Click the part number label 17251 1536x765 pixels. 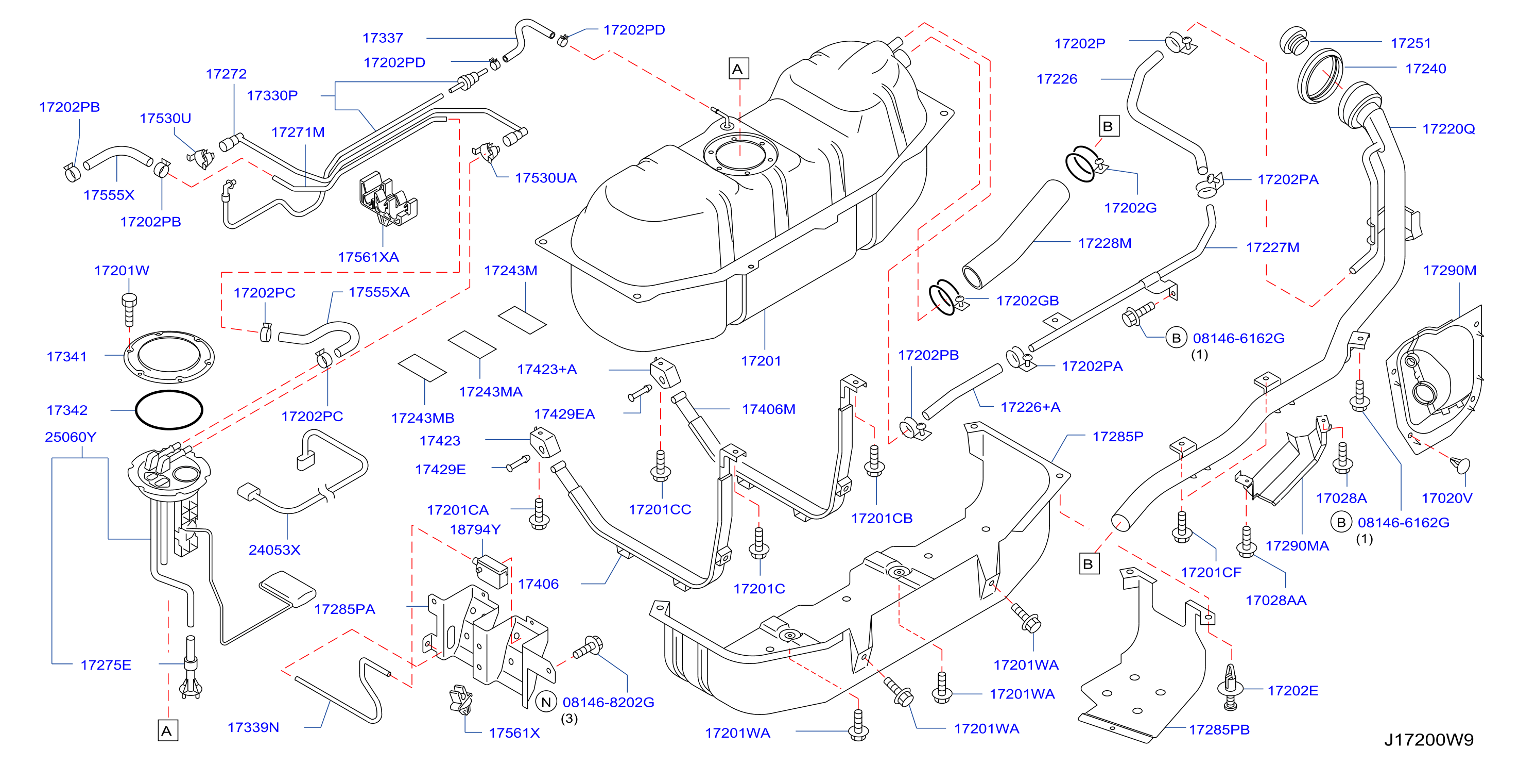(x=1410, y=43)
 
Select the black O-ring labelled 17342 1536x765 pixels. (x=169, y=410)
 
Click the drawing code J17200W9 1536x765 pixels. (x=1429, y=740)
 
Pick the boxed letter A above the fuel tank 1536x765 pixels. (x=739, y=69)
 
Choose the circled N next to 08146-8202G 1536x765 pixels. (x=546, y=702)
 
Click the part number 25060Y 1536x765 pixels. (x=71, y=437)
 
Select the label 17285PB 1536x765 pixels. (x=1219, y=729)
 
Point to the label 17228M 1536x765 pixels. (x=1104, y=243)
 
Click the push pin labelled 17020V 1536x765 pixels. (x=1461, y=465)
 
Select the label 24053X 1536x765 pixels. (x=274, y=550)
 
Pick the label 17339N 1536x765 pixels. (x=253, y=727)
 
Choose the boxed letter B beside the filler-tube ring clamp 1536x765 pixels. (x=1109, y=126)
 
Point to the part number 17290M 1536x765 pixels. (x=1449, y=270)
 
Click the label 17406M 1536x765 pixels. (x=768, y=409)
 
